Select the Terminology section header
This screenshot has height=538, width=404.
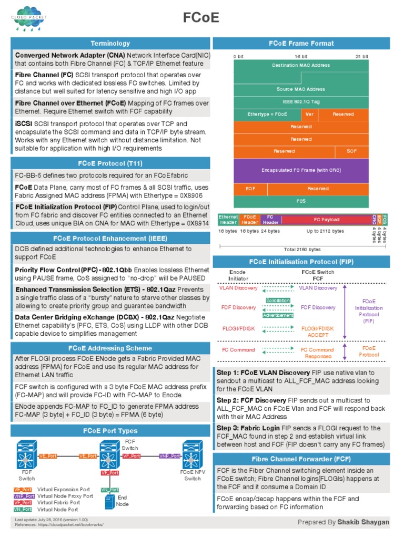click(x=110, y=44)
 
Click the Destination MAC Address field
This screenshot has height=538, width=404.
click(x=301, y=65)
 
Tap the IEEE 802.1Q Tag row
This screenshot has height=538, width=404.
click(x=301, y=101)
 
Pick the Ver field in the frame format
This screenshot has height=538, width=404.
click(x=309, y=114)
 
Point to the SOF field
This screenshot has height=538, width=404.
click(x=351, y=151)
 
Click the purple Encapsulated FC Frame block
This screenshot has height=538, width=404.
click(x=301, y=170)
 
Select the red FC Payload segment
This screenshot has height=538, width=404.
click(x=326, y=220)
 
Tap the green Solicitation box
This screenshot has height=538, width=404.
click(x=278, y=300)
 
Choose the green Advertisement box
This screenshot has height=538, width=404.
click(x=278, y=315)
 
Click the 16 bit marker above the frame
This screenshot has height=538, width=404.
click(x=301, y=56)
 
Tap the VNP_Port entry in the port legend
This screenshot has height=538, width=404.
click(x=24, y=496)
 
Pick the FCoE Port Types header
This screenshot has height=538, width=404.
click(x=110, y=431)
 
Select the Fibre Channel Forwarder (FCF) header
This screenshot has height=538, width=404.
click(x=301, y=458)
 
